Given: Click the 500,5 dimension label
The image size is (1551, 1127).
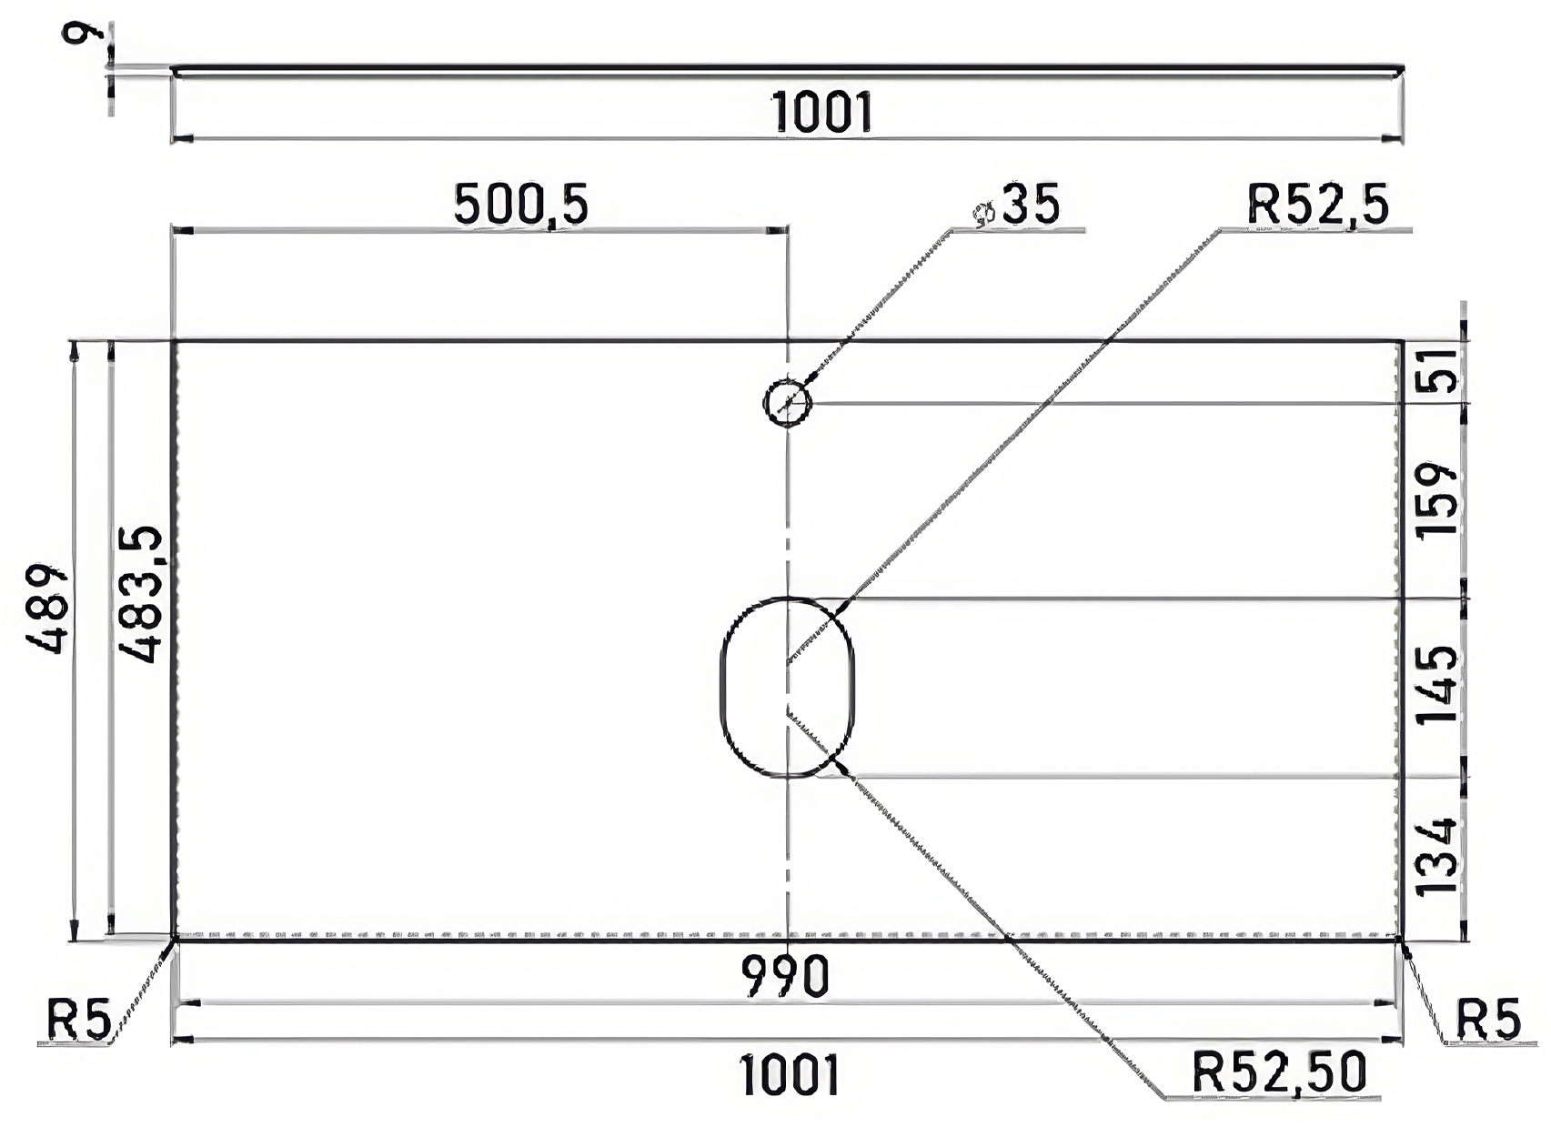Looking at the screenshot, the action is point(520,206).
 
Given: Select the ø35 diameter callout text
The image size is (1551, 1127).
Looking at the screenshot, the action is point(1016,205).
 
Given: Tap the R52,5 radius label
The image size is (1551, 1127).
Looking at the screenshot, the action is point(1317,205).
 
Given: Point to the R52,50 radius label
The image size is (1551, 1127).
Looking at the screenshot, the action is point(1280,1072).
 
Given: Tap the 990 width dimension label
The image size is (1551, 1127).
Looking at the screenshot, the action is point(785,976).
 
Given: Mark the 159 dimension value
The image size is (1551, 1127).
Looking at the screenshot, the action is point(1436,498).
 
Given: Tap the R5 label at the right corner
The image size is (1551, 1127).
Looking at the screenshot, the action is point(1488,1021).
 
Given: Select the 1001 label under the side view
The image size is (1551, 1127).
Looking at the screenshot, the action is point(821,112).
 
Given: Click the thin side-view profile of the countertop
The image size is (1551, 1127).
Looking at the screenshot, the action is point(787,68).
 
